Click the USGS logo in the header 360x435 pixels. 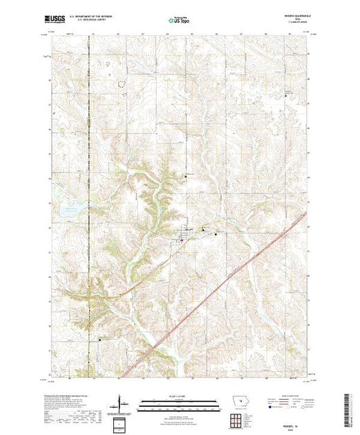55,21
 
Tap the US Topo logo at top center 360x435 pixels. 179,21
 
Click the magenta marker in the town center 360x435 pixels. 182,240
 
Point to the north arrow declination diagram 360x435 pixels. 122,403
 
